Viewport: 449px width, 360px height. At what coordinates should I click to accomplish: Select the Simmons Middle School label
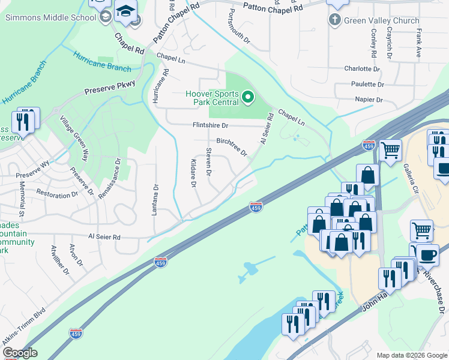(50, 17)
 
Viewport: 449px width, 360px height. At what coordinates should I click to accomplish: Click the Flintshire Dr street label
(210, 125)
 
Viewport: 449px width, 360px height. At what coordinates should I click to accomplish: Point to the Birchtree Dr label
(232, 146)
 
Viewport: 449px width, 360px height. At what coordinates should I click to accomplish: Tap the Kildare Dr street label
(193, 173)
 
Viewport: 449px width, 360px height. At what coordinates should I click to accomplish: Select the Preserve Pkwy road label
(110, 89)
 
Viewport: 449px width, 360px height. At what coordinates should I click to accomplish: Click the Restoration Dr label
(57, 194)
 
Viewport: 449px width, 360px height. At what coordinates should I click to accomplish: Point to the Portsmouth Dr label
(240, 25)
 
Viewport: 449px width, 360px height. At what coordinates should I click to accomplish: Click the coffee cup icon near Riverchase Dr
(427, 254)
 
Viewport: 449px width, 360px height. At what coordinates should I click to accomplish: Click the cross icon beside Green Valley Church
(335, 20)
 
